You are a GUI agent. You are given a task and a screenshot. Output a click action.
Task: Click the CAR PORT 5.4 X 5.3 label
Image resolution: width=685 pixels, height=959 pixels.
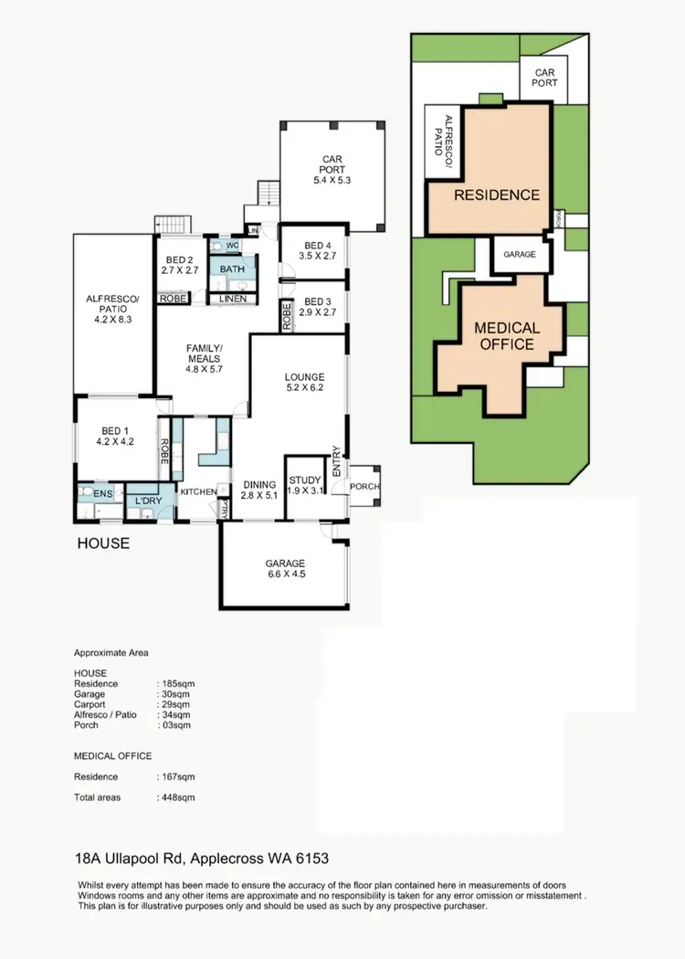[x=331, y=169]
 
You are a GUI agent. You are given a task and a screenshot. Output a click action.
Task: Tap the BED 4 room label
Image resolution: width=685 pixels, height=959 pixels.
[x=317, y=250]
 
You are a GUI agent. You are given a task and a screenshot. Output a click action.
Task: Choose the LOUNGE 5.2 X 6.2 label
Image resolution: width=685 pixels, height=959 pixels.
[x=304, y=382]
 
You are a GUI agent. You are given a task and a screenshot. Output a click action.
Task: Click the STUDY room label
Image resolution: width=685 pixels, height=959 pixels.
[x=304, y=486]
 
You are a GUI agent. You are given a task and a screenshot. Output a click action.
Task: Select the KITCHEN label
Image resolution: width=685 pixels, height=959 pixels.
[x=198, y=492]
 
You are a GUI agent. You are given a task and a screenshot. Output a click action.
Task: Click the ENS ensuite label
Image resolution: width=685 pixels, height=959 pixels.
[x=103, y=494]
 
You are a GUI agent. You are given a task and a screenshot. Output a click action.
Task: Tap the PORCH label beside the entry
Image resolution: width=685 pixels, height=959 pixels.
[x=365, y=486]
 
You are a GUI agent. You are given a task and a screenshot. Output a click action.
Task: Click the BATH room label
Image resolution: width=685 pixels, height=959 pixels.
[x=231, y=269]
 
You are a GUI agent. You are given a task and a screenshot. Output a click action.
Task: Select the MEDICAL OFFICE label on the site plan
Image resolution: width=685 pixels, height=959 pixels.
[x=507, y=335]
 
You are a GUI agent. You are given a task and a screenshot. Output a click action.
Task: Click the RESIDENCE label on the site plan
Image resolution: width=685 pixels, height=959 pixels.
[x=497, y=195]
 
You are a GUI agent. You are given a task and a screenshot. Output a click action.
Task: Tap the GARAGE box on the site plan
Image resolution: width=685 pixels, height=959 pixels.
[x=518, y=255]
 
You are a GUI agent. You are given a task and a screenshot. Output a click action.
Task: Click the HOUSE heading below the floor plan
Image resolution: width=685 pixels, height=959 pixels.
[x=102, y=543]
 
